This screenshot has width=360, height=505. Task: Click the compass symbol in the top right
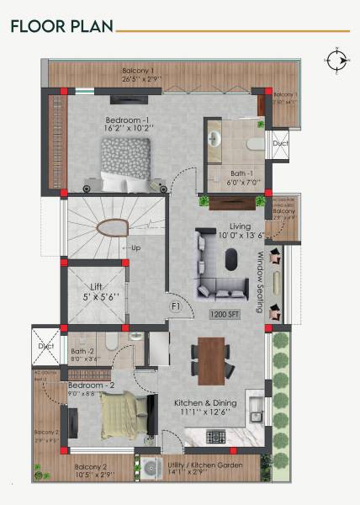[x=337, y=60]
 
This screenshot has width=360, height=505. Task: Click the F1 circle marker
[x=177, y=306]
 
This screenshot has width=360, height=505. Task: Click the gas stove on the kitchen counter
[x=214, y=436]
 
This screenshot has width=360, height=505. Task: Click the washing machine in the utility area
[x=151, y=467]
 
